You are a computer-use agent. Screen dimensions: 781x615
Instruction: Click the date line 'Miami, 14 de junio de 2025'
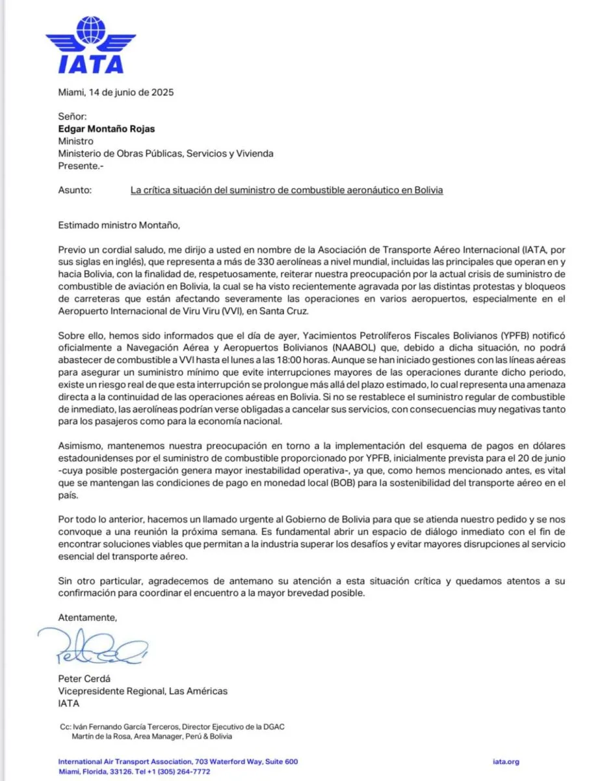(x=116, y=92)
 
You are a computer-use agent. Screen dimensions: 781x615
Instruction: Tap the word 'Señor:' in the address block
(x=72, y=116)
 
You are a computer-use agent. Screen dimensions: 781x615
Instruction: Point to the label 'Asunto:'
(x=75, y=190)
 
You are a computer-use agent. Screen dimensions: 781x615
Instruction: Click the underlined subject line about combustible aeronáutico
(x=287, y=190)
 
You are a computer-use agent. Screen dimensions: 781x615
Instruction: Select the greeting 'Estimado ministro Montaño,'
(x=118, y=226)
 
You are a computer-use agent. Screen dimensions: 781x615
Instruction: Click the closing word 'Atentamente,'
(x=88, y=617)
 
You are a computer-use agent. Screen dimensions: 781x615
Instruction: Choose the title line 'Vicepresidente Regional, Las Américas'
(x=143, y=691)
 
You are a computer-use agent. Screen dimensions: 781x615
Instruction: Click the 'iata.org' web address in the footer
(x=506, y=761)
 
